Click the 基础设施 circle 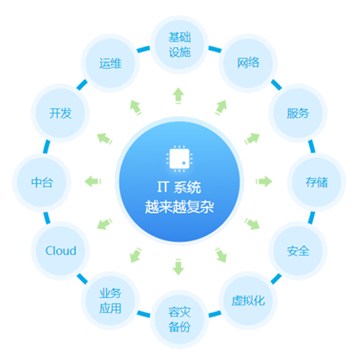coord(179,45)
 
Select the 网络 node coord(248,63)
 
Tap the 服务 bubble coord(298,113)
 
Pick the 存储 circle coord(317,182)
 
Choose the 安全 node coord(298,251)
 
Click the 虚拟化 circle coord(248,300)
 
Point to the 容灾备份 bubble coord(179,319)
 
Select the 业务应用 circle coord(110,300)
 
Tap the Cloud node coord(60,251)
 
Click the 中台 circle coord(42,182)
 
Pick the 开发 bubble coord(60,113)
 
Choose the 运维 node coord(110,63)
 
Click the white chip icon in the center coord(179,158)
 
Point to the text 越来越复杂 coord(179,207)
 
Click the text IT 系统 coord(179,187)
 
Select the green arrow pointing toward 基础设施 coord(179,96)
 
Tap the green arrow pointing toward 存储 coord(264,181)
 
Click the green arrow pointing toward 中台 coord(93,181)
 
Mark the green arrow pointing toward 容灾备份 coord(179,267)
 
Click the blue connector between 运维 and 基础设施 coord(143,49)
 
